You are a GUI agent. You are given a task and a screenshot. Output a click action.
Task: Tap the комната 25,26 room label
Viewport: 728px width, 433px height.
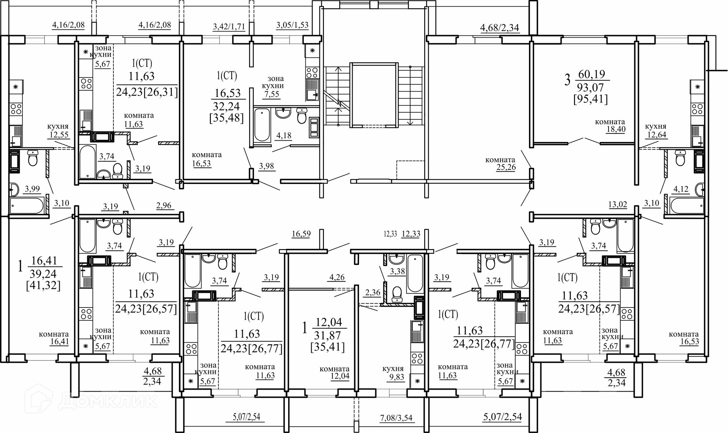(500, 164)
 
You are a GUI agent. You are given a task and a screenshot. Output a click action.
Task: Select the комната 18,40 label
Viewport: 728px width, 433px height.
(610, 126)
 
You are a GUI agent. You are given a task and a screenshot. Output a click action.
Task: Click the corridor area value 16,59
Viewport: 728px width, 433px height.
(301, 234)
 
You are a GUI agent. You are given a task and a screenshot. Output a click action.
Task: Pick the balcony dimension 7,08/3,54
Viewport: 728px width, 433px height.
(396, 418)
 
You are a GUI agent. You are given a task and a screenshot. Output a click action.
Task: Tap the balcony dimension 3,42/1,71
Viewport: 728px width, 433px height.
(229, 27)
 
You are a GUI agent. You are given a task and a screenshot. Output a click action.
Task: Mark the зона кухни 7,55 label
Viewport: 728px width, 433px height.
(275, 86)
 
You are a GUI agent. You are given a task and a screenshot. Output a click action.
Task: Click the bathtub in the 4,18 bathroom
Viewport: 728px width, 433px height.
(262, 125)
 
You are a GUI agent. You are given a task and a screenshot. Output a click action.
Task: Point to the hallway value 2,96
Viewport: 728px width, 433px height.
(164, 206)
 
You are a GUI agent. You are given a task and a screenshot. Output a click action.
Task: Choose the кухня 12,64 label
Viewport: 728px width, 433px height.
(656, 130)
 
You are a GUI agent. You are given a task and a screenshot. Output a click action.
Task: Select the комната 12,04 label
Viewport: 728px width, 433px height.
(334, 372)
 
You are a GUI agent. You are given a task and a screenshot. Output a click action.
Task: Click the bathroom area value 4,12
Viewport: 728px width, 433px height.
(681, 189)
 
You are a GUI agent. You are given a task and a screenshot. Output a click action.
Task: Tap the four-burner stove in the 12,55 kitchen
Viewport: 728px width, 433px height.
(16, 109)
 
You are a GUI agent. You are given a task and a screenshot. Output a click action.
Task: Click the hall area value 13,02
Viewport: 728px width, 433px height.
(618, 205)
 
